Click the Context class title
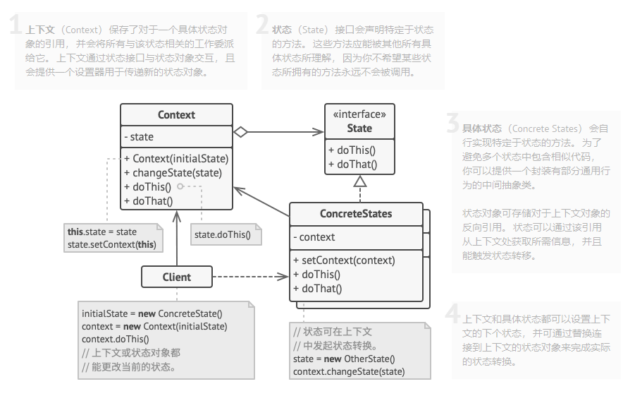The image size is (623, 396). (x=176, y=115)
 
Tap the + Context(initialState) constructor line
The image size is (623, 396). (x=176, y=159)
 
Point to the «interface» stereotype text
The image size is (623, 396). (x=359, y=115)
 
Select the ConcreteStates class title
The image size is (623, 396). (x=356, y=214)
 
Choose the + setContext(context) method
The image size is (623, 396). (x=344, y=260)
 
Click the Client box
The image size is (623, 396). (x=176, y=277)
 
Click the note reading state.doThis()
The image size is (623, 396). (x=223, y=234)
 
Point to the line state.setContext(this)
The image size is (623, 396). (x=111, y=244)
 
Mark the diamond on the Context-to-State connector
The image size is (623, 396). (x=241, y=131)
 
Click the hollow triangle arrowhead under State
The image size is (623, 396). (x=360, y=181)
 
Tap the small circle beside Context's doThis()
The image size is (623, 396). (x=180, y=186)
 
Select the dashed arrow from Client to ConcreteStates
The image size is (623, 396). (x=250, y=277)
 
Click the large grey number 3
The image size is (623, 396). (x=452, y=124)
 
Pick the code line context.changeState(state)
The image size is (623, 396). (x=349, y=372)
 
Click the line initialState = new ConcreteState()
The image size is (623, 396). (x=152, y=313)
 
